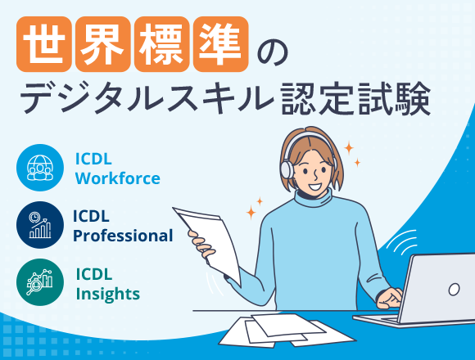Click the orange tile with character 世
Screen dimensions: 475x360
pos(44,44)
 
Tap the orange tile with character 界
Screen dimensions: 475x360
pos(103,44)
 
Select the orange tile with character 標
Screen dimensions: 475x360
pos(162,44)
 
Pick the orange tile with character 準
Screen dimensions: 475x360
pos(221,44)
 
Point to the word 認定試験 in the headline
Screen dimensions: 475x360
pos(355,98)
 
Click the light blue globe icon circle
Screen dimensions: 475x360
pos(40,168)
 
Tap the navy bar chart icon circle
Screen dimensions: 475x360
pos(40,225)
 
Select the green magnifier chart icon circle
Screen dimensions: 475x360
pos(40,282)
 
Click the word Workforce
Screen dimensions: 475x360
pos(118,178)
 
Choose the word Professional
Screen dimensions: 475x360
pos(123,236)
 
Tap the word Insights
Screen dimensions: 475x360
pos(108,294)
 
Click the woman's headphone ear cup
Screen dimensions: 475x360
pos(287,169)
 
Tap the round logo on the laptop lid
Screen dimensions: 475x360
pos(454,289)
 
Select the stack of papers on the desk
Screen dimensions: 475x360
pos(287,331)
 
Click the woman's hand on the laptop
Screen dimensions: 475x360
pos(389,298)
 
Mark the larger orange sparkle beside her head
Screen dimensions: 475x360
pos(349,148)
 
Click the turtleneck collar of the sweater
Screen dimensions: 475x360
pos(314,198)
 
